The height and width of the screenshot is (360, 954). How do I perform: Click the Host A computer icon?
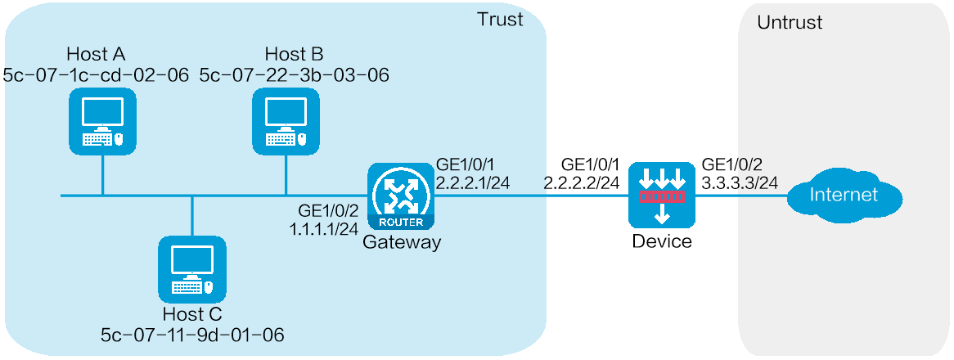(102, 120)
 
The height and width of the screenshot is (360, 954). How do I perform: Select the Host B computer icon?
(286, 120)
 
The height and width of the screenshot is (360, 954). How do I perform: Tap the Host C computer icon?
(191, 269)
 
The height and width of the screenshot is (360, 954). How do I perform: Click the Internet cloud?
(844, 196)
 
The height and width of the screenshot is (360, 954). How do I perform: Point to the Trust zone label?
(500, 20)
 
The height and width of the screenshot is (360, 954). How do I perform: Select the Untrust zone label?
(790, 22)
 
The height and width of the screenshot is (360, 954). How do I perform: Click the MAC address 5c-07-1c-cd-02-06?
(97, 75)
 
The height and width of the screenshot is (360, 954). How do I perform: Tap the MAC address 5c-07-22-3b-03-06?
(294, 75)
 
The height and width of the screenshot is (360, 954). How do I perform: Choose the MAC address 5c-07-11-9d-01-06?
(192, 334)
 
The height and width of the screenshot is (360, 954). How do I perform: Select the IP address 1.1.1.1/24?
(324, 229)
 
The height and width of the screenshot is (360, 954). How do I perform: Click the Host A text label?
(97, 55)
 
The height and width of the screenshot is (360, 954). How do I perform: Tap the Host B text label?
(294, 55)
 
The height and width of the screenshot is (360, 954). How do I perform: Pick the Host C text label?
(192, 314)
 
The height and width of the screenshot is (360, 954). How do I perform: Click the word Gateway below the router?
(401, 242)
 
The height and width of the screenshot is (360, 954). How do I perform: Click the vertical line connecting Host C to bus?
(191, 215)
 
